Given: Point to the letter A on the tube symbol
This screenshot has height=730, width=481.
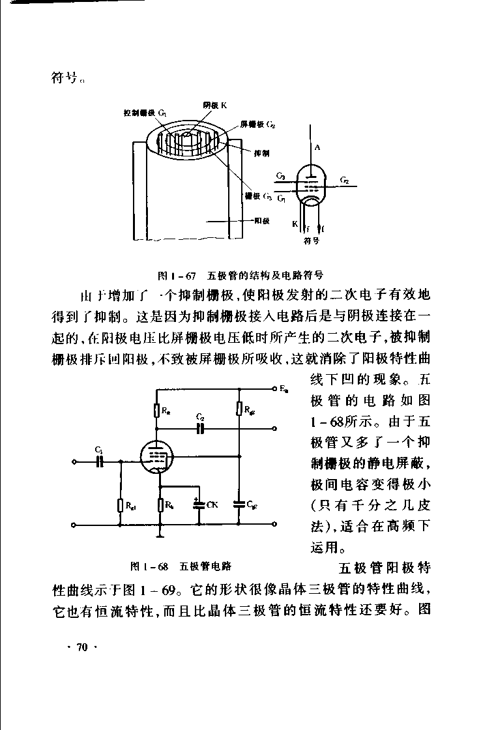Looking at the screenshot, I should point(317,148).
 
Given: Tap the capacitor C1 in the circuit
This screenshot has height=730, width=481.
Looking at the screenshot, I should point(99,461).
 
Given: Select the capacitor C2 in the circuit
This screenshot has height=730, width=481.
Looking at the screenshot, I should point(201,428).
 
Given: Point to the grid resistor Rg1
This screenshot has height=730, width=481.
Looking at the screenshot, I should point(120,504).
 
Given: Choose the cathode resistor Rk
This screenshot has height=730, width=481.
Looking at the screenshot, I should point(160,504).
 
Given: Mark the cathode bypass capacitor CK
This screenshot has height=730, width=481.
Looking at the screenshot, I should point(197,504).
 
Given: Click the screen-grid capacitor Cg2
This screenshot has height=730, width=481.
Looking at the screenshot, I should point(240,504).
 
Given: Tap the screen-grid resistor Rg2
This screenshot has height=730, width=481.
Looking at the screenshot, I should point(240,409).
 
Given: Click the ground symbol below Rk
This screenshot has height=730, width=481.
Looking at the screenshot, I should point(160,536).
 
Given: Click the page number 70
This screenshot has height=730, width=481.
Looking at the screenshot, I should point(82,647).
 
